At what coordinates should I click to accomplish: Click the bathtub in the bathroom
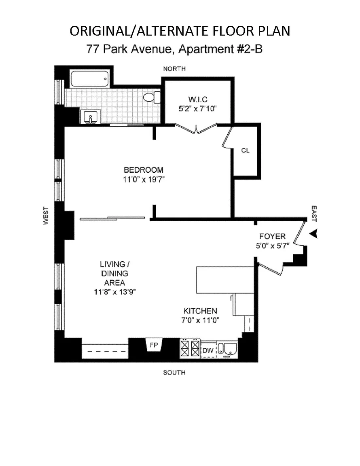(x=90, y=79)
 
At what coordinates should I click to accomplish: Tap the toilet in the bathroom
(x=151, y=97)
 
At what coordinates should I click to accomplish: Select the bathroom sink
(x=90, y=117)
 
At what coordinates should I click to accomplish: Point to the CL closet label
(x=245, y=150)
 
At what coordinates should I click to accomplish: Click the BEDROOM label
(x=144, y=170)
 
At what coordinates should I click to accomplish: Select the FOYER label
(x=272, y=236)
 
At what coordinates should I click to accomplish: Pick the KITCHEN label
(x=200, y=311)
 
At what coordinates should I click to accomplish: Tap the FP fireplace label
(x=154, y=345)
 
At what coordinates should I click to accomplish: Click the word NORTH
(x=174, y=69)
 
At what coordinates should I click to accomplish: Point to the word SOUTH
(x=174, y=372)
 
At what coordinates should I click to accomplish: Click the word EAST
(x=314, y=213)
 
